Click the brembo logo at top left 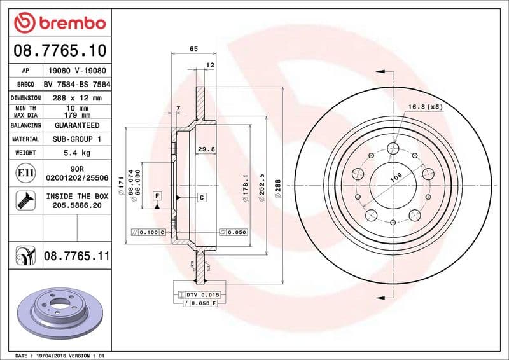[x=59, y=23]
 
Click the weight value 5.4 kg [x=77, y=153]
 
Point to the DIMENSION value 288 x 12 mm [x=77, y=98]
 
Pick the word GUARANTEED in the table [x=77, y=125]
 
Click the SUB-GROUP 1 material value [x=77, y=139]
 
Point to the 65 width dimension [x=193, y=50]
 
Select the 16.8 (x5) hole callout [x=426, y=106]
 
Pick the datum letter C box [x=201, y=198]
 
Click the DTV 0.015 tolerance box [x=203, y=295]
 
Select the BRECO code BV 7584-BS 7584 [x=77, y=84]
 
